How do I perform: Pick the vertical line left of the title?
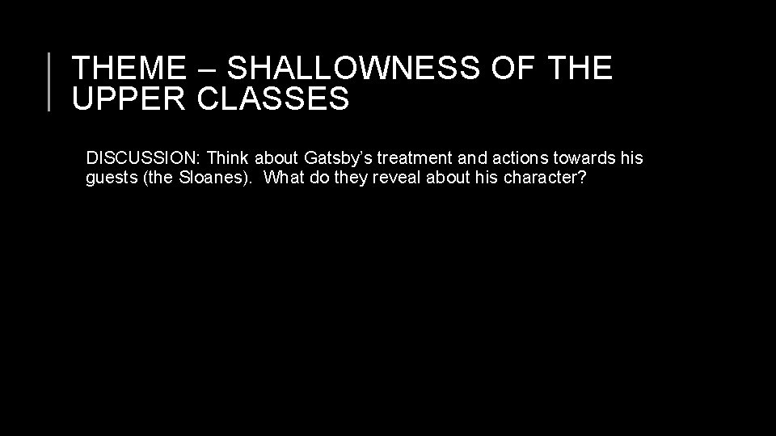(x=50, y=81)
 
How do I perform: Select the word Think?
(x=229, y=157)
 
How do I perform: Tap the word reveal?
(x=395, y=177)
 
